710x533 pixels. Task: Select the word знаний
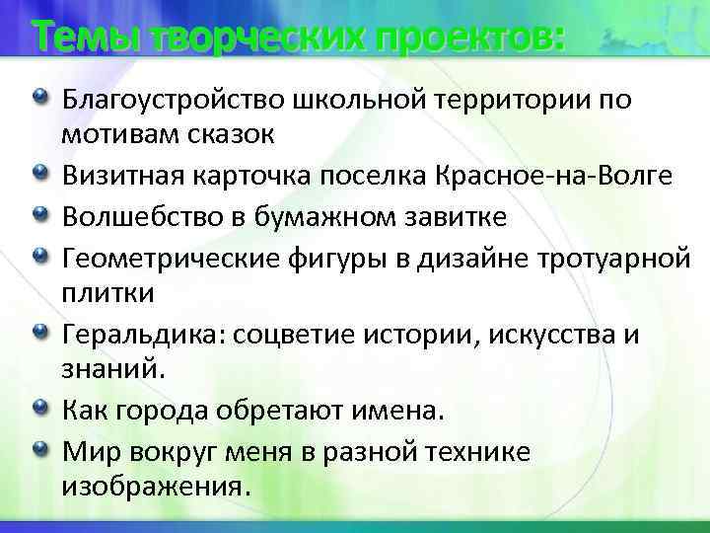(107, 370)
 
